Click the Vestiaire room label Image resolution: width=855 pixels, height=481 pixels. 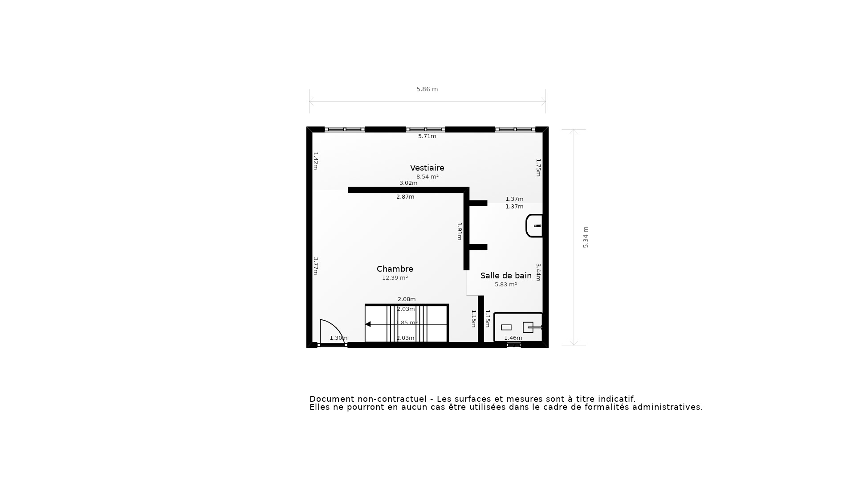pos(427,168)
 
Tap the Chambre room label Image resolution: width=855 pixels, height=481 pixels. pos(395,269)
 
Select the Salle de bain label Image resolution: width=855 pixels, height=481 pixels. pos(506,276)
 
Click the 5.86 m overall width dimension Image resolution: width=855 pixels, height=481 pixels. pos(427,89)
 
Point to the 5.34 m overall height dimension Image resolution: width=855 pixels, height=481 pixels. pos(586,237)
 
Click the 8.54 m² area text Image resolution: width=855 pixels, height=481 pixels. pos(427,177)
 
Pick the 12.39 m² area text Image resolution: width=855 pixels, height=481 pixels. pos(395,278)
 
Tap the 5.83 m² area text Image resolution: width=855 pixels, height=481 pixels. pos(506,285)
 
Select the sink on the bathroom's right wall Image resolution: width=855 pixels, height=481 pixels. pos(534,226)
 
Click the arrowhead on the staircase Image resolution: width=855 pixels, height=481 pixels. pos(368,324)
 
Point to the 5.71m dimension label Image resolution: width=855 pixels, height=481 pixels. pos(427,136)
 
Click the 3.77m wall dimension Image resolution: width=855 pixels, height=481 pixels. pos(315,266)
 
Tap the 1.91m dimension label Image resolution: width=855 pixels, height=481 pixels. pos(460,231)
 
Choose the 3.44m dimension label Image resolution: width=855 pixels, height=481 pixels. pos(538,272)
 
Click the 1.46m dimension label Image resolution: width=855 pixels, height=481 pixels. pos(513,338)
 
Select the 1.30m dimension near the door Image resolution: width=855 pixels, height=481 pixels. pos(338,338)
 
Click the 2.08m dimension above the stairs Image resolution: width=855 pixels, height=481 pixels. pos(407,299)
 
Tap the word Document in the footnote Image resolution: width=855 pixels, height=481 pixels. pos(330,399)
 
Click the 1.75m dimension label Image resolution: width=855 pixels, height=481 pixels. pos(538,167)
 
